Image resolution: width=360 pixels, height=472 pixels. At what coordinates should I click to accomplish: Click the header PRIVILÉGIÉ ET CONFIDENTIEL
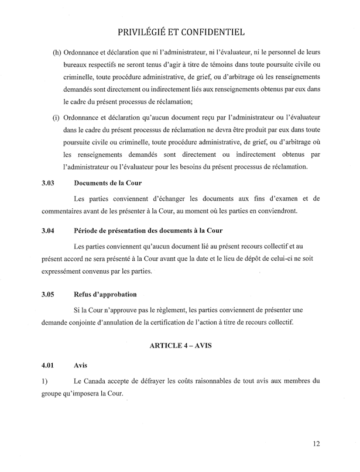pyautogui.click(x=180, y=30)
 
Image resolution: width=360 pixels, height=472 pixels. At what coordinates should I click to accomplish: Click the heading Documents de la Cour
pyautogui.click(x=109, y=183)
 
